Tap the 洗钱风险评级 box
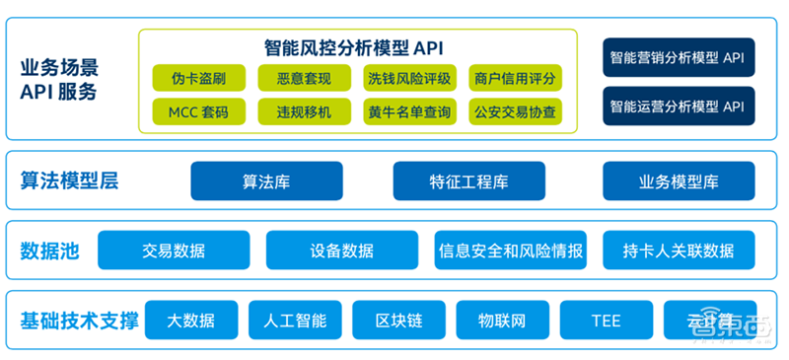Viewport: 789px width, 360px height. click(408, 78)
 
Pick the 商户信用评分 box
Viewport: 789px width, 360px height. click(514, 78)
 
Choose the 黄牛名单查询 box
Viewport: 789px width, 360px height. click(408, 111)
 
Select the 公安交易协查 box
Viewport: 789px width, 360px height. click(514, 111)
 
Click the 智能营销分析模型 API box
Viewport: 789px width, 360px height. click(678, 58)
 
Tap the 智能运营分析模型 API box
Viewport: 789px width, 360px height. click(678, 106)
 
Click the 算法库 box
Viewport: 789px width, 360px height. click(266, 181)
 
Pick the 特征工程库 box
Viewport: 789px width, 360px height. click(468, 181)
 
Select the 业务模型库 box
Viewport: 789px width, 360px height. click(678, 181)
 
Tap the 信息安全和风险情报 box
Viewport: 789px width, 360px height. click(511, 251)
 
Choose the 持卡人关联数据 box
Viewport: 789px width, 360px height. click(679, 251)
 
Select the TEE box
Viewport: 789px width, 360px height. click(606, 320)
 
